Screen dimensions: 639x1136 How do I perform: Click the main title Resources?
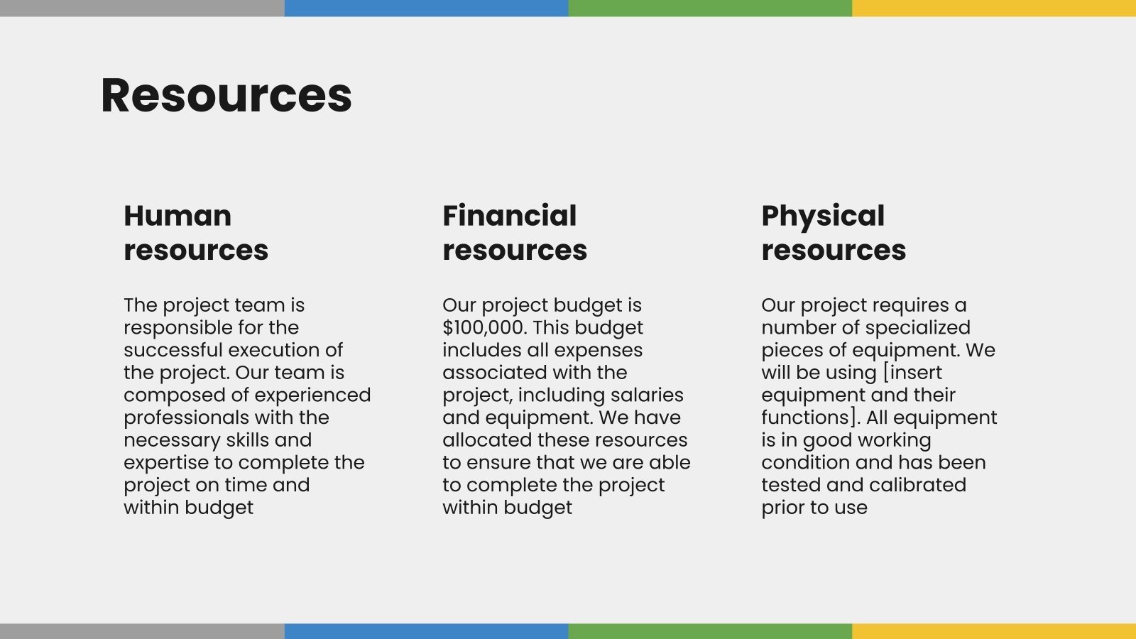[x=226, y=95]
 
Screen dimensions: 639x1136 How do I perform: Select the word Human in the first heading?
[x=177, y=216]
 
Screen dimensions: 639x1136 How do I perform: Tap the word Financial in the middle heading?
[x=509, y=216]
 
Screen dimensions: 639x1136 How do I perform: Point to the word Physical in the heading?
[x=823, y=216]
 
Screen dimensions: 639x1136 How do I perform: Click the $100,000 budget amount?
[x=484, y=327]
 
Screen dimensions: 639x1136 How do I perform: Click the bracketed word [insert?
[x=912, y=373]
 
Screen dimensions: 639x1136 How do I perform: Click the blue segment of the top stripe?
[x=426, y=8]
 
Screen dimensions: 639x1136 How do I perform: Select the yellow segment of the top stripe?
[x=994, y=8]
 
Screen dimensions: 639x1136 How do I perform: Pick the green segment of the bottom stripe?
[x=710, y=631]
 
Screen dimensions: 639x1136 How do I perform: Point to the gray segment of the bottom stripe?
[x=142, y=631]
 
